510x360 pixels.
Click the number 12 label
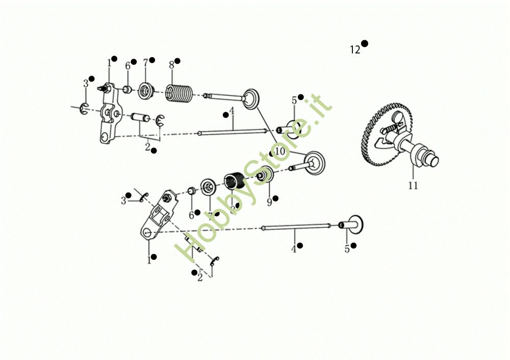point(355,50)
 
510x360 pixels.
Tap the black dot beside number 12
point(365,44)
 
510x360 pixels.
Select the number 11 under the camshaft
point(413,186)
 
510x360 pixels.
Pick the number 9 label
point(269,202)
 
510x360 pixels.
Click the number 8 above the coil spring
point(171,65)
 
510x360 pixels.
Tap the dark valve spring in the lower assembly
point(235,181)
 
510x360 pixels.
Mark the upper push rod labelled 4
point(232,133)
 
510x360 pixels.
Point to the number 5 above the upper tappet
point(294,101)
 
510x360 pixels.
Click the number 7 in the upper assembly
point(145,63)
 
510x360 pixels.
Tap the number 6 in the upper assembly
point(127,66)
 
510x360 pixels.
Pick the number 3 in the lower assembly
point(123,201)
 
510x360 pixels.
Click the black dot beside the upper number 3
point(91,79)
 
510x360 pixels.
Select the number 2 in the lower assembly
point(200,277)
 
